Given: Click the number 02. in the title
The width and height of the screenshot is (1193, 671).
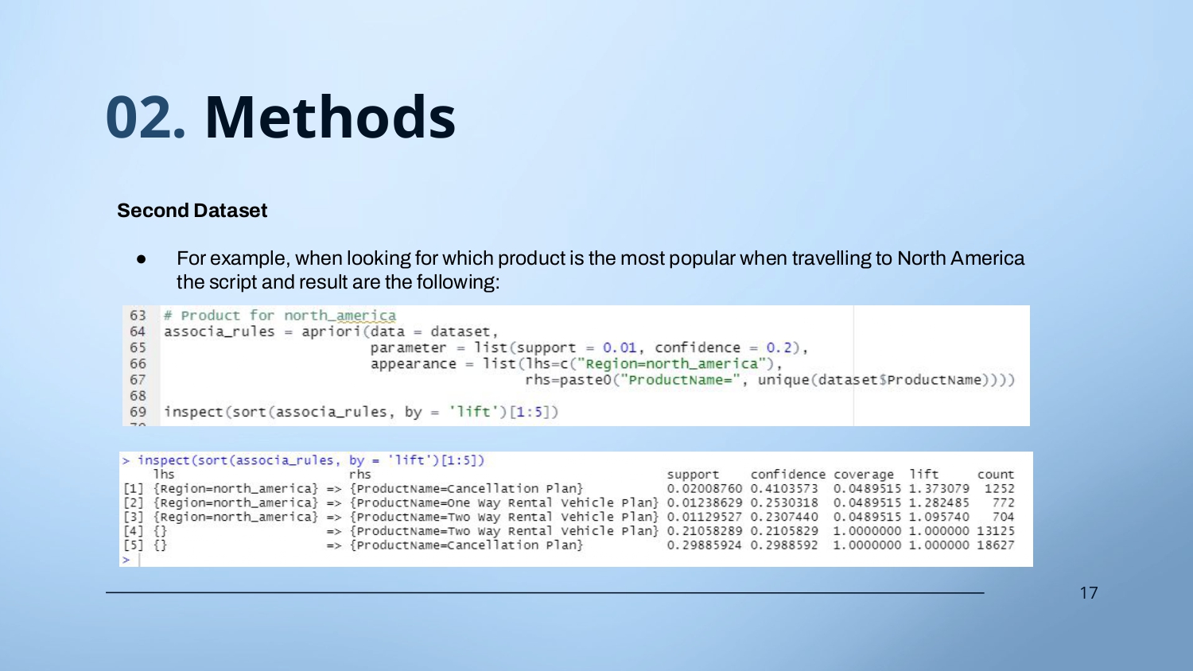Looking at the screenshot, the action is (146, 117).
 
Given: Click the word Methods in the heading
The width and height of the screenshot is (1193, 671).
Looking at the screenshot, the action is (330, 117).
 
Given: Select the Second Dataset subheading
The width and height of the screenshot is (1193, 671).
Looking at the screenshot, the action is (192, 211).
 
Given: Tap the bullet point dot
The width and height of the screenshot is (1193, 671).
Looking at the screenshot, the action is (141, 259).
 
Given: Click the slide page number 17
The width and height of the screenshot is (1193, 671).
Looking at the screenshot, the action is (1089, 593).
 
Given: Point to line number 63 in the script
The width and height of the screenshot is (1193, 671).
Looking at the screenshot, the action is (138, 316).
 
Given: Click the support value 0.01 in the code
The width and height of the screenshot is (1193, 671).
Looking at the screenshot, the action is (620, 347).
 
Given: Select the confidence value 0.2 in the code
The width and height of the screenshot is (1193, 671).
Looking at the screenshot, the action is (779, 347).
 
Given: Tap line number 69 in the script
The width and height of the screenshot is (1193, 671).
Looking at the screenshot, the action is (138, 412).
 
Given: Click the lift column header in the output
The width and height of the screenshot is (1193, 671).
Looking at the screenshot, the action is (924, 474).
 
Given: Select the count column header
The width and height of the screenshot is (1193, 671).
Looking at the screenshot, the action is (996, 475).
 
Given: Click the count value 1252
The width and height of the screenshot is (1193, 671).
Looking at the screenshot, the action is (999, 488).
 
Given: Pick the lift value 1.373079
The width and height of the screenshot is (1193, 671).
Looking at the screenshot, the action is (939, 488).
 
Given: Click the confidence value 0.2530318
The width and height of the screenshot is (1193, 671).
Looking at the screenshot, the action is (784, 502).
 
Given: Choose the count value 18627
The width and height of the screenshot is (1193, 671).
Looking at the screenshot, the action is (996, 545).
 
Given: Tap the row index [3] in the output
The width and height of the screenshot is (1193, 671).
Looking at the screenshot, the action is (133, 517).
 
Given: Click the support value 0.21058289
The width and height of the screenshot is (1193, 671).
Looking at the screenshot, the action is (704, 531).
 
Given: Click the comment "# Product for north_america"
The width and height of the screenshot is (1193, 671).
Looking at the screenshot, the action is (280, 316).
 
